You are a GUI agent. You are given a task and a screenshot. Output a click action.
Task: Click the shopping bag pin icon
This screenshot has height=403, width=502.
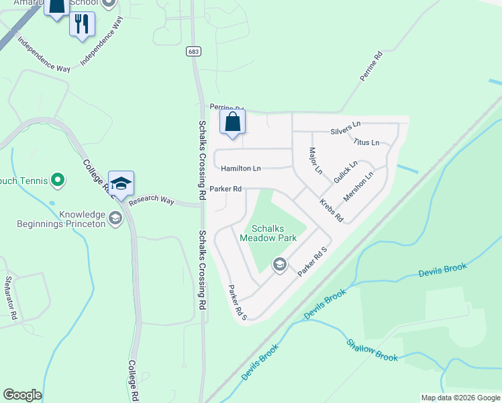click(232, 123)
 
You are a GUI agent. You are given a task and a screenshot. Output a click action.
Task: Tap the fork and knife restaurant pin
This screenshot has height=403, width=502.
click(82, 25)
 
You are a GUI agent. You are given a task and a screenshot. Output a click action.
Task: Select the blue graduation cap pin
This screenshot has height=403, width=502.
click(121, 183)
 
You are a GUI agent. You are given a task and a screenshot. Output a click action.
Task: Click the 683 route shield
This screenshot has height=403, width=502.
click(193, 50)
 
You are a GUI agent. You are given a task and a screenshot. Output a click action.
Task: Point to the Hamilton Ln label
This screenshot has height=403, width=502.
click(241, 169)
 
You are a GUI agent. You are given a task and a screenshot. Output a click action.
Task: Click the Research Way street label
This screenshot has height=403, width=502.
click(152, 201)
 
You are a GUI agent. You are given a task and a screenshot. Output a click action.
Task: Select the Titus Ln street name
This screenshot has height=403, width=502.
click(366, 142)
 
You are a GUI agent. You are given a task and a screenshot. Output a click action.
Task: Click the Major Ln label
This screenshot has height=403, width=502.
click(315, 159)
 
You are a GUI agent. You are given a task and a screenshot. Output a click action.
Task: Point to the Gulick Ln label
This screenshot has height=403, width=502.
click(345, 172)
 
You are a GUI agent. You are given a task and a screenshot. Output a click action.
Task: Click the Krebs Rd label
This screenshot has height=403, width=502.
click(331, 210)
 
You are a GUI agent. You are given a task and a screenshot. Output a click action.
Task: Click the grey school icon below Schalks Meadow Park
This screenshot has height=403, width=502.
click(279, 265)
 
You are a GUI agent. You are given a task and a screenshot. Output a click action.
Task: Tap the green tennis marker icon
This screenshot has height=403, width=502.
click(58, 179)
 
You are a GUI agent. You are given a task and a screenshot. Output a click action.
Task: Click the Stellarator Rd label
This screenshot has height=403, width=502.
click(10, 298)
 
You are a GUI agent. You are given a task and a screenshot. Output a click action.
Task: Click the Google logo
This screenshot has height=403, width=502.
click(22, 395)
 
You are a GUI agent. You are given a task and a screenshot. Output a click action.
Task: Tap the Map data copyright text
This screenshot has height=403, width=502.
click(460, 398)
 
